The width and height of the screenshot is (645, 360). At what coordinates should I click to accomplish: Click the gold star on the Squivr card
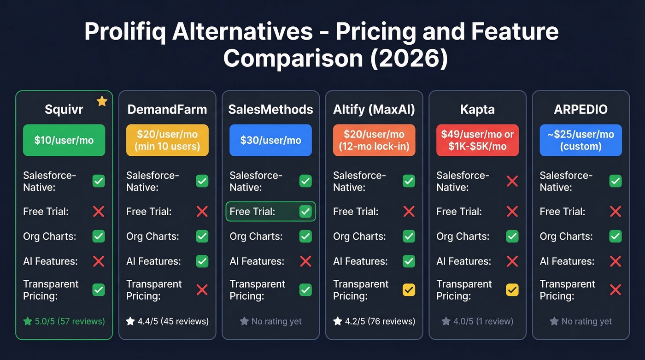(102, 101)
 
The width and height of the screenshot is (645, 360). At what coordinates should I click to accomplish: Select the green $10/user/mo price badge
(64, 140)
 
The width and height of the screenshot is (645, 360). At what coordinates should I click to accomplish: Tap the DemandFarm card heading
(167, 110)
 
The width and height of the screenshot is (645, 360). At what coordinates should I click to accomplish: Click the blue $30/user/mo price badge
(270, 140)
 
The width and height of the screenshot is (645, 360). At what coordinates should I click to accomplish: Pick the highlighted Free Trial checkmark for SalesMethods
(305, 212)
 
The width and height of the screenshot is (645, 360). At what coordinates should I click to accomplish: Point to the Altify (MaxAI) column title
(374, 110)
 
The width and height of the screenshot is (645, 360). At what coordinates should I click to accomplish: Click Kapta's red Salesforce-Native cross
(512, 181)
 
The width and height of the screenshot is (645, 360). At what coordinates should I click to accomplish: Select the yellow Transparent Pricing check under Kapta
(512, 290)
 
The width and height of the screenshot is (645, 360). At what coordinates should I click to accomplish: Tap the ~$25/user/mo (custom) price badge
(580, 140)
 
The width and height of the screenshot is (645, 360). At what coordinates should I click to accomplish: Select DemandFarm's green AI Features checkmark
(202, 261)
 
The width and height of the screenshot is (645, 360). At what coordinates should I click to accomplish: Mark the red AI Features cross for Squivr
(99, 261)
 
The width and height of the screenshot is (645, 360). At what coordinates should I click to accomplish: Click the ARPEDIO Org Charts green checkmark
(616, 236)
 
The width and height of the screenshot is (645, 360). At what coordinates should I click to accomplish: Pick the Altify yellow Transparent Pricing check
(409, 290)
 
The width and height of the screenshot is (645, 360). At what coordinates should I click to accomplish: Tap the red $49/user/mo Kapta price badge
(477, 140)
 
